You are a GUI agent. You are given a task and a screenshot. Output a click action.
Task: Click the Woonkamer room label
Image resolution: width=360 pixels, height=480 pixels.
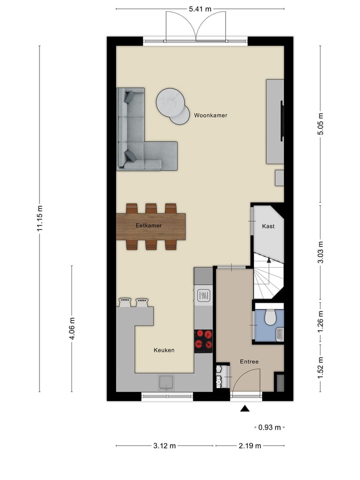coord(210,115)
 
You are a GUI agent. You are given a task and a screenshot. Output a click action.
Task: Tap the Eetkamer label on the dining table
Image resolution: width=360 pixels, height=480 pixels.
coord(148,226)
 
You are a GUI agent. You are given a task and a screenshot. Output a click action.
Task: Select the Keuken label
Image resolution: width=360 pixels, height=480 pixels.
coord(164,350)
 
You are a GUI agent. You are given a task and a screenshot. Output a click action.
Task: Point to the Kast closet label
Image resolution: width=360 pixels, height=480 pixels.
coord(268,226)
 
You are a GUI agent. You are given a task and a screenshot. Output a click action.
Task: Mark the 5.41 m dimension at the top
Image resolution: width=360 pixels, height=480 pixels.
coord(200,9)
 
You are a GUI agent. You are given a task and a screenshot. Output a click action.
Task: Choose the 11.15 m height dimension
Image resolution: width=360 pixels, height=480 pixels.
coord(40,218)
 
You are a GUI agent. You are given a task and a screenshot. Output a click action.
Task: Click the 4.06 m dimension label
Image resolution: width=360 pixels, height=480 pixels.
coord(72,328)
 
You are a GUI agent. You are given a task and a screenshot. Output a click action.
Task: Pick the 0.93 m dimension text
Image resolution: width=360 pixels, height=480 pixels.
coord(270,427)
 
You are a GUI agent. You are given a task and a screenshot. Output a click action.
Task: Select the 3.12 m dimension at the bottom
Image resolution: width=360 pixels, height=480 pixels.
coord(165,445)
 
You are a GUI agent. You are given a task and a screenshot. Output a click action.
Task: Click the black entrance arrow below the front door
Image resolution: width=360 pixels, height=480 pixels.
coord(244,409)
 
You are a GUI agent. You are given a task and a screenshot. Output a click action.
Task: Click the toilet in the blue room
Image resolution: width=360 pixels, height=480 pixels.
coord(270,316)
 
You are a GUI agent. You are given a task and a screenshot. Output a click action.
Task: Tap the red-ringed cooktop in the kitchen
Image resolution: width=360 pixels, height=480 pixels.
coord(203,339)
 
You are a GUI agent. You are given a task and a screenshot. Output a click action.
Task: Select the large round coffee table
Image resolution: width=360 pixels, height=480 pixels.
coord(170,102)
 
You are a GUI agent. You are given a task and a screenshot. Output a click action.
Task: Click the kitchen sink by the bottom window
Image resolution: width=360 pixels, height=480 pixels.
coord(166,382)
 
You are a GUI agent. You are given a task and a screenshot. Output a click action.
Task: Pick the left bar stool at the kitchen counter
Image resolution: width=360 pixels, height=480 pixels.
coord(125,302)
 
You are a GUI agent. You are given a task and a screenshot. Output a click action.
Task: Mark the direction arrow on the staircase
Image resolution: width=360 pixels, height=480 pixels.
coord(268,260)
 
